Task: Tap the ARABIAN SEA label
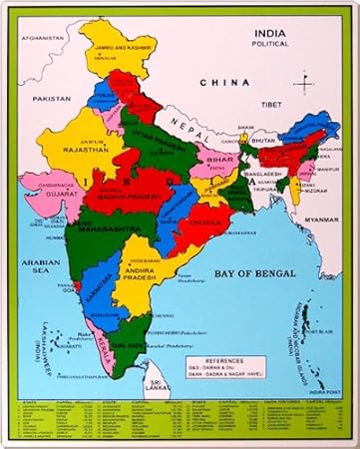tap(26, 264)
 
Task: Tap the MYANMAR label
tap(321, 219)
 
